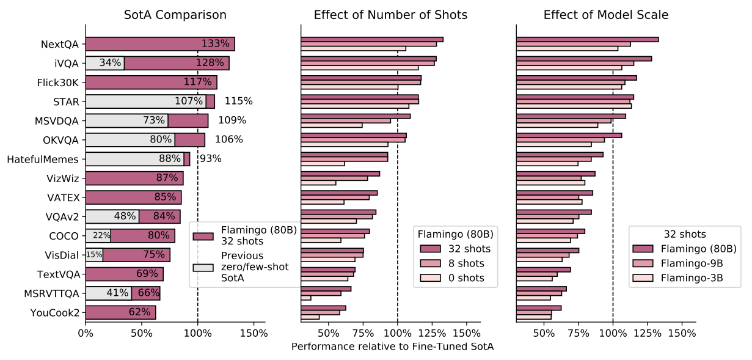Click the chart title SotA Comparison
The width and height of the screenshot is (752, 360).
(175, 15)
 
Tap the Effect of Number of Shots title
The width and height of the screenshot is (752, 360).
(391, 15)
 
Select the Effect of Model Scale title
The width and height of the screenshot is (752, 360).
(606, 15)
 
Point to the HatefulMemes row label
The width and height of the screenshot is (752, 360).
(43, 160)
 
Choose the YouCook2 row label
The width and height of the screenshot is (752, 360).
(55, 313)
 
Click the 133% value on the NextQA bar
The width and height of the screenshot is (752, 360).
(215, 44)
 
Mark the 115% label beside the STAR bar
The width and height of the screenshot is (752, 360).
(238, 101)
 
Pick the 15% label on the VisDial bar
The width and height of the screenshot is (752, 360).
(94, 255)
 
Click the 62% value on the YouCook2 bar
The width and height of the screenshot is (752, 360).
(139, 312)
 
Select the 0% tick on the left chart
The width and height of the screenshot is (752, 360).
(86, 333)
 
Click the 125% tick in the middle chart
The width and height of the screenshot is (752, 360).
(432, 333)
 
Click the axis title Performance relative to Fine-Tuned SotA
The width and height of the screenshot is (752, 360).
(392, 347)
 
